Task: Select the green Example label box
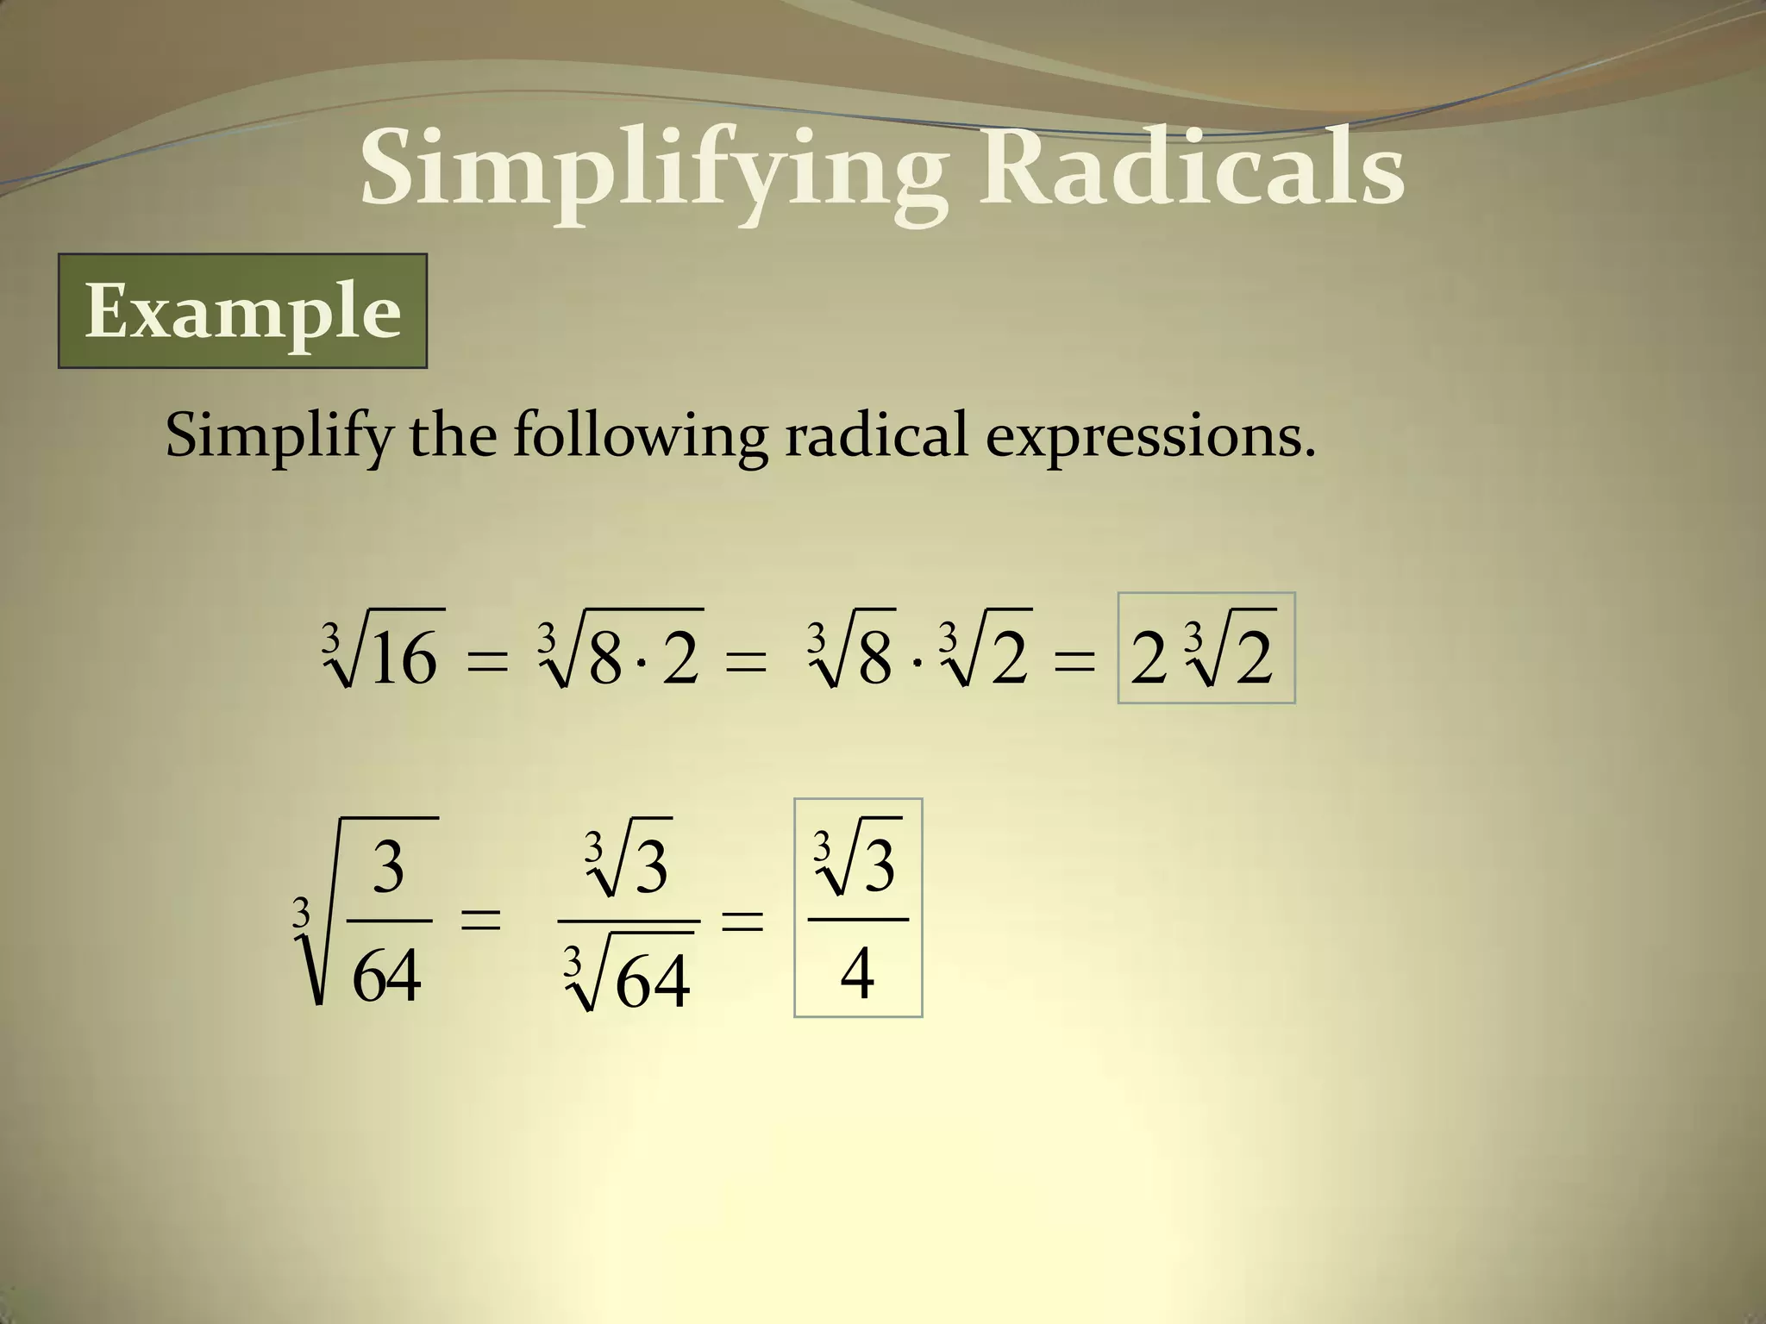tap(242, 311)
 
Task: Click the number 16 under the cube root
tap(405, 659)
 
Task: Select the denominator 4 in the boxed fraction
tap(857, 974)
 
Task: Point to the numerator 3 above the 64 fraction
tap(388, 868)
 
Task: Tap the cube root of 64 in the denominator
tap(629, 978)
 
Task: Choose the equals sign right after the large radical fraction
tap(480, 919)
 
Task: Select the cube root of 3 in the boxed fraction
tap(857, 862)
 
